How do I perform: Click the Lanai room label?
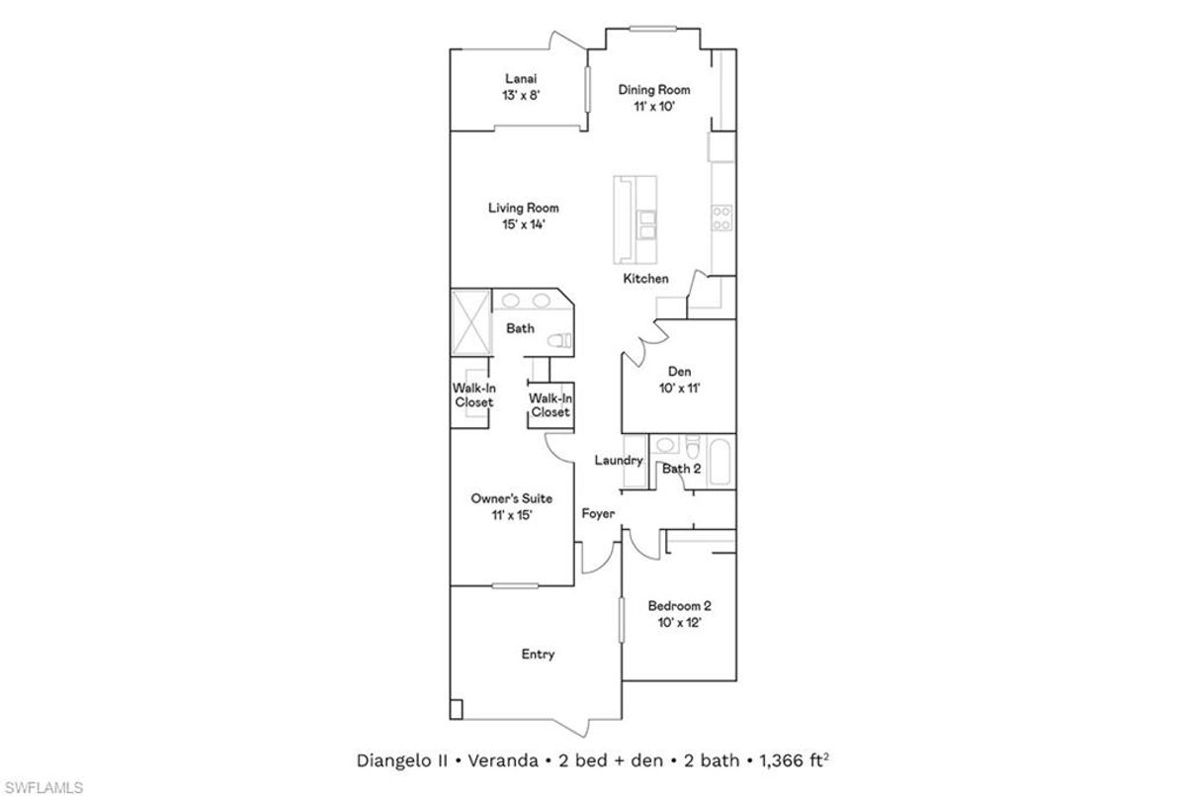point(521,79)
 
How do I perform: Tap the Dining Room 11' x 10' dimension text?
point(654,107)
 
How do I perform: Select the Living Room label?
point(524,208)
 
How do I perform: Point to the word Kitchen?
point(646,279)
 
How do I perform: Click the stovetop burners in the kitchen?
point(721,218)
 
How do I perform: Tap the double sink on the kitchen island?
point(646,225)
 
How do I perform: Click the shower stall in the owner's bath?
point(470,322)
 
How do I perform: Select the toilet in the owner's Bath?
point(559,340)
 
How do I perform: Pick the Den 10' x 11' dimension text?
point(680,389)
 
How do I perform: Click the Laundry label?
point(619,460)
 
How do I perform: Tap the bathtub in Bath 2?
point(720,461)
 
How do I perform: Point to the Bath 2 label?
point(681,469)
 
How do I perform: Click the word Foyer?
point(598,514)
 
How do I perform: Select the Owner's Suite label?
point(512,498)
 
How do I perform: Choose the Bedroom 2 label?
point(680,605)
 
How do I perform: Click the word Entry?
point(538,654)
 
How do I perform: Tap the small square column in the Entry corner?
point(456,710)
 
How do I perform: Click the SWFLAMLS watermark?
point(43,787)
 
